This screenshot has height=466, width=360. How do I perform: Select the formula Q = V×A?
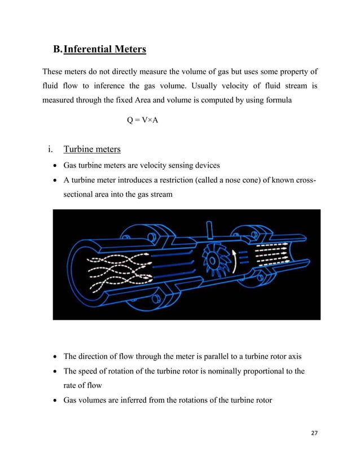(x=142, y=119)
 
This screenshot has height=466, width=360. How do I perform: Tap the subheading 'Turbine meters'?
(x=91, y=150)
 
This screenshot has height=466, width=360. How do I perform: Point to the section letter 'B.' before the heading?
(x=57, y=50)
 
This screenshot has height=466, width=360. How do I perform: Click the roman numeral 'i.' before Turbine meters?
(x=51, y=150)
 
